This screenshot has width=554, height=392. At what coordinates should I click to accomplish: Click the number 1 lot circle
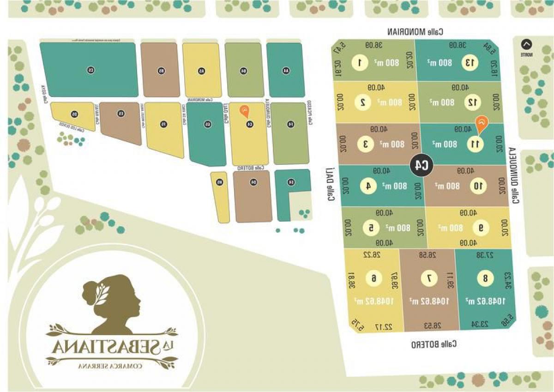[361, 63]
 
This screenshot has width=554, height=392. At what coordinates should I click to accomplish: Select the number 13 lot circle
[470, 63]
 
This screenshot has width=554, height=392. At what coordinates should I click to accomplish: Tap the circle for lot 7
[429, 278]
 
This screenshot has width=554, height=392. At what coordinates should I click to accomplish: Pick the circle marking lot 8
[485, 278]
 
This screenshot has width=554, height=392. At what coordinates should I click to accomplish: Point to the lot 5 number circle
[370, 228]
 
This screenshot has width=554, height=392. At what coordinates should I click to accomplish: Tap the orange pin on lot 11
[481, 122]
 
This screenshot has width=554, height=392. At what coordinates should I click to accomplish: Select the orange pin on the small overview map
[244, 111]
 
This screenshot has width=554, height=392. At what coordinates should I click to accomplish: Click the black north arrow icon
[526, 45]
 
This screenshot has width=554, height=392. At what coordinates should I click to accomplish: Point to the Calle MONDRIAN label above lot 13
[415, 32]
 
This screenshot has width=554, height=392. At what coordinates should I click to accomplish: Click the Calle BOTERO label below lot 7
[434, 344]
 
